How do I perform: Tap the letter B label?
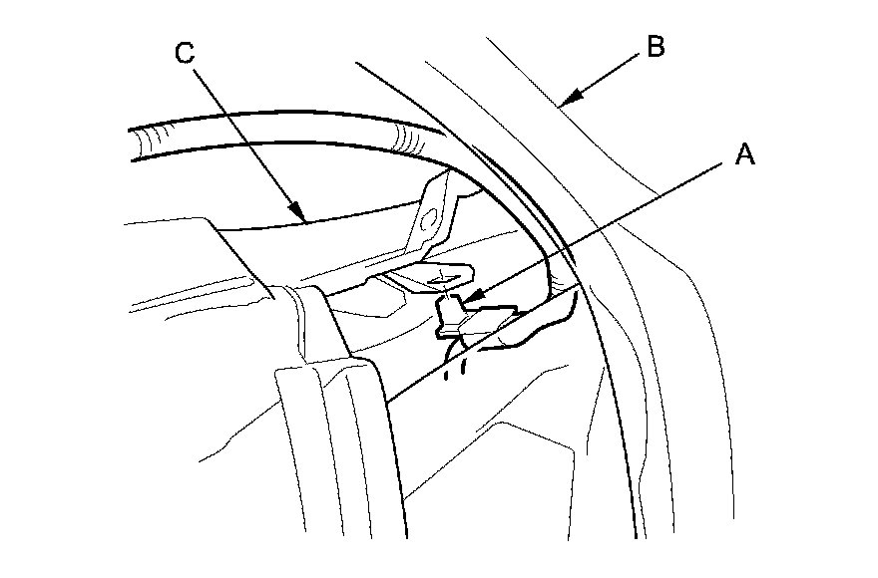(x=656, y=46)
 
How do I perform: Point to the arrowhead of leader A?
(x=468, y=298)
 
